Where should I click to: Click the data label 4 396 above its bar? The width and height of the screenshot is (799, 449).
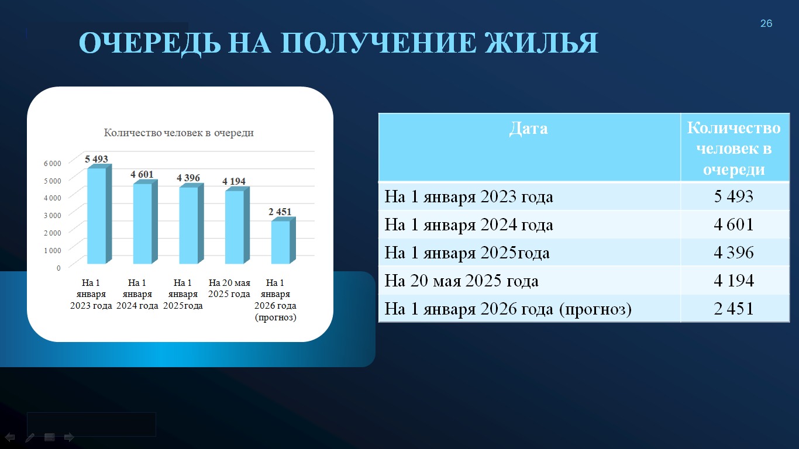pyautogui.click(x=188, y=178)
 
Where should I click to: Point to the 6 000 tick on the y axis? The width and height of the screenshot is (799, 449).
pyautogui.click(x=53, y=163)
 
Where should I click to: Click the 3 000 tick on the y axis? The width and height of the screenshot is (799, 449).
pyautogui.click(x=53, y=215)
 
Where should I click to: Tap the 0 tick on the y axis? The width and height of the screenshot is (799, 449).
pyautogui.click(x=58, y=268)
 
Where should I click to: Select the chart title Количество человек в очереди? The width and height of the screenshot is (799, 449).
pyautogui.click(x=179, y=133)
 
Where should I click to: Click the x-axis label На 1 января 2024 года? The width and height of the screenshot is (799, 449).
pyautogui.click(x=137, y=294)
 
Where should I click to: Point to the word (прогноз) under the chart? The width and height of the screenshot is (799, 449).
pyautogui.click(x=275, y=317)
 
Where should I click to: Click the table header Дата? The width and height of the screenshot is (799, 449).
pyautogui.click(x=528, y=129)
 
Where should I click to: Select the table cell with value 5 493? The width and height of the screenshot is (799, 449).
pyautogui.click(x=733, y=196)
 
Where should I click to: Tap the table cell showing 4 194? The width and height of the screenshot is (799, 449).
pyautogui.click(x=733, y=281)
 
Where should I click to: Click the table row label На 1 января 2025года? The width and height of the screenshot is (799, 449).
pyautogui.click(x=467, y=253)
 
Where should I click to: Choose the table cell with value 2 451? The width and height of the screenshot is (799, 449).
pyautogui.click(x=733, y=309)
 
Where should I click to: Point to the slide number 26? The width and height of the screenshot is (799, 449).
pyautogui.click(x=766, y=23)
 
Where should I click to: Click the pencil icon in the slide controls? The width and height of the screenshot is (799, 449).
pyautogui.click(x=30, y=437)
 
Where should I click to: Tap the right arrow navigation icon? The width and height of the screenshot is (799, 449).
pyautogui.click(x=69, y=437)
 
